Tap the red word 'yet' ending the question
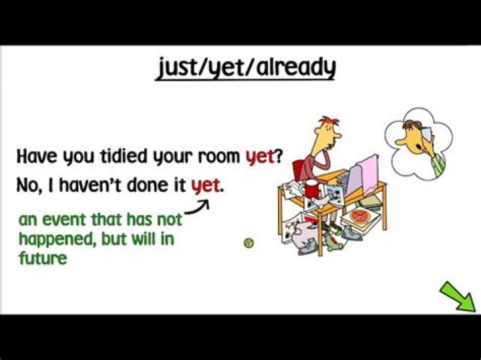(260, 158)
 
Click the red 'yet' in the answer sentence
(205, 185)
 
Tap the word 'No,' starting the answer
(29, 185)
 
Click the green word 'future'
(43, 257)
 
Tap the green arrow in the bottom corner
(457, 296)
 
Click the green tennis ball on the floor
(249, 243)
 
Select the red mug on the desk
(311, 189)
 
